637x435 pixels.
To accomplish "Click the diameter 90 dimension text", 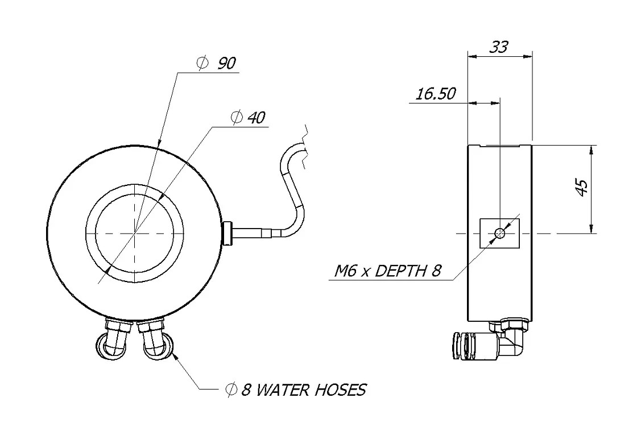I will coord(218,63).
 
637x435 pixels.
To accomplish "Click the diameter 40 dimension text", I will coord(249,118).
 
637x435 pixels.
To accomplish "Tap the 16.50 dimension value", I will coord(435,94).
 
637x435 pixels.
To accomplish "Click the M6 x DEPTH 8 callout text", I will coord(387,271).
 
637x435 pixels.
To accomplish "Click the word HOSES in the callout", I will coord(338,390).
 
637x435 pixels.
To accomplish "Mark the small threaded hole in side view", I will coord(500,233).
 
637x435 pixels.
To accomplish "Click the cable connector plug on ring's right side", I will coord(229,233).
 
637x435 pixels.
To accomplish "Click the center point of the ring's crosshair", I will coord(135,233).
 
